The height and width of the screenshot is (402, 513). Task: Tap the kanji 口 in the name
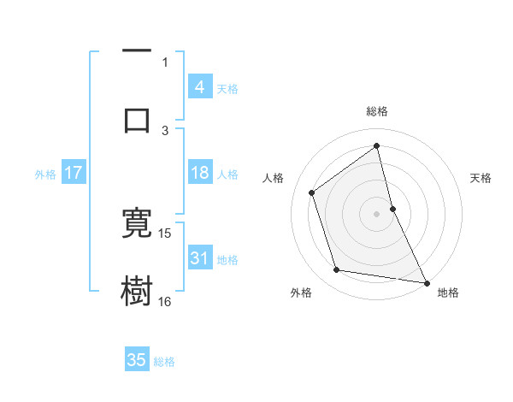(x=137, y=119)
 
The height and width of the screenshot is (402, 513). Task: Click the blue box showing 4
(x=200, y=87)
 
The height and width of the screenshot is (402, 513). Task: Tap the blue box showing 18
(x=200, y=173)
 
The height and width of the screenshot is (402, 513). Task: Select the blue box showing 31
(x=200, y=258)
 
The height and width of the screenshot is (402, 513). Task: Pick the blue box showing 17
(x=74, y=173)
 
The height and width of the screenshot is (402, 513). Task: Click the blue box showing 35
(x=137, y=360)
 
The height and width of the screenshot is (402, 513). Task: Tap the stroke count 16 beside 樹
(x=165, y=302)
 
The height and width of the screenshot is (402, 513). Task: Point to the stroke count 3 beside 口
(x=165, y=131)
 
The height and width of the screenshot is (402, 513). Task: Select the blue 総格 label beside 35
(x=164, y=361)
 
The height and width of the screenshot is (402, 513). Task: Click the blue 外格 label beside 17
(x=45, y=174)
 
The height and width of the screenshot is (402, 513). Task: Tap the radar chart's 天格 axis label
(x=481, y=178)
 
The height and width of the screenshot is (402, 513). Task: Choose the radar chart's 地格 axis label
(x=448, y=293)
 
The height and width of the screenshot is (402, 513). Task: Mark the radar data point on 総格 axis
(x=377, y=145)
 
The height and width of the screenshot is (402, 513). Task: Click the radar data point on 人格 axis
(x=312, y=192)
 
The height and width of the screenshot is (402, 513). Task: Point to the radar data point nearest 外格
(x=337, y=270)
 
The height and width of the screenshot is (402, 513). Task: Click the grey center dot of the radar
(x=377, y=213)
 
